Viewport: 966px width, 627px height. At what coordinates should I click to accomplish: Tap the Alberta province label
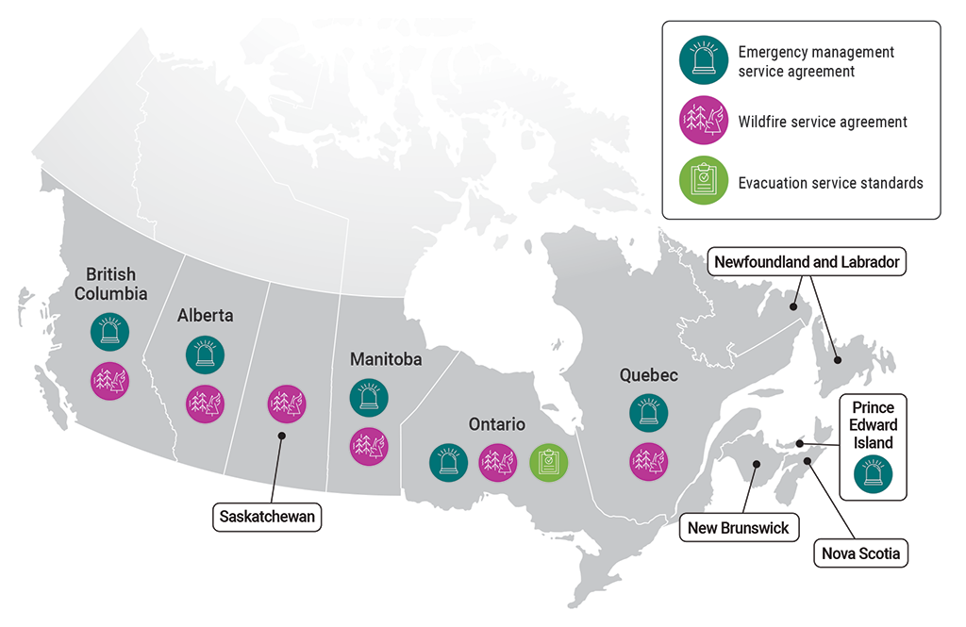pyautogui.click(x=205, y=316)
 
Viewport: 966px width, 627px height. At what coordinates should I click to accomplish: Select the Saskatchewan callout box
pyautogui.click(x=268, y=517)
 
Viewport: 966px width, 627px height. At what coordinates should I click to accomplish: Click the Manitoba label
pyautogui.click(x=385, y=359)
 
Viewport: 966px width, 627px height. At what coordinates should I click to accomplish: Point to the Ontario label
pyautogui.click(x=496, y=424)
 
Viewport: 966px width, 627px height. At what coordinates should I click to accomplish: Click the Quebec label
pyautogui.click(x=648, y=374)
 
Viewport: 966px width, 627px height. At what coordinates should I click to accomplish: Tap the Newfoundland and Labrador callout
pyautogui.click(x=807, y=261)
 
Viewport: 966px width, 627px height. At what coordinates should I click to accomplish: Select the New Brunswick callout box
pyautogui.click(x=738, y=527)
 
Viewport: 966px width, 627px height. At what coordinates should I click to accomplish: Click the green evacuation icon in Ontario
pyautogui.click(x=548, y=462)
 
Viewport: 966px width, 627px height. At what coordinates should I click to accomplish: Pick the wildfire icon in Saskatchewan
pyautogui.click(x=285, y=404)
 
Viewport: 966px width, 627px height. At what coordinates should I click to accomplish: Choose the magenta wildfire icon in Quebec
pyautogui.click(x=648, y=461)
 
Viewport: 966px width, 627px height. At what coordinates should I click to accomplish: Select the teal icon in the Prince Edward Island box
pyautogui.click(x=872, y=474)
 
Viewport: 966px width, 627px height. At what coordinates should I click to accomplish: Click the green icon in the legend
pyautogui.click(x=703, y=182)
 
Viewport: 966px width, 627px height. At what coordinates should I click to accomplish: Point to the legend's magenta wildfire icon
pyautogui.click(x=703, y=121)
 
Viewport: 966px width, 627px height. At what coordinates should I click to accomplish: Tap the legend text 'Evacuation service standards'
pyautogui.click(x=830, y=183)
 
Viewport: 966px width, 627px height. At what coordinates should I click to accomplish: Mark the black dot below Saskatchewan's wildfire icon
pyautogui.click(x=281, y=436)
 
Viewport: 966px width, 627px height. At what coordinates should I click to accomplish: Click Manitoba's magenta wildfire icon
pyautogui.click(x=369, y=445)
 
